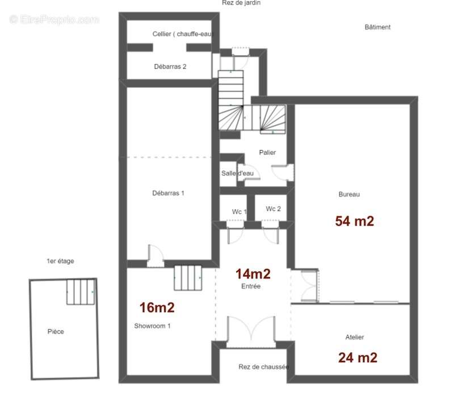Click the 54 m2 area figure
354,221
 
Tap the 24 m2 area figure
358,358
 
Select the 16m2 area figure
157,307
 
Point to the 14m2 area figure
253,274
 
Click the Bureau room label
349,195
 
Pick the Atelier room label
355,337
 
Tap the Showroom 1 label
152,326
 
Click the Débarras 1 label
168,193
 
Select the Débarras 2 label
170,66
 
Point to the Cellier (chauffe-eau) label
183,34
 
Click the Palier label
267,153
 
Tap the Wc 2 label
274,209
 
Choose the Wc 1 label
239,212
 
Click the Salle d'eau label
237,174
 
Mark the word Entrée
251,286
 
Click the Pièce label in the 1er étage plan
56,332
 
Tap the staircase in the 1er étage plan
81,292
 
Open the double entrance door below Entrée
251,332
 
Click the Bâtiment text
377,27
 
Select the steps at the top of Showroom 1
188,278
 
